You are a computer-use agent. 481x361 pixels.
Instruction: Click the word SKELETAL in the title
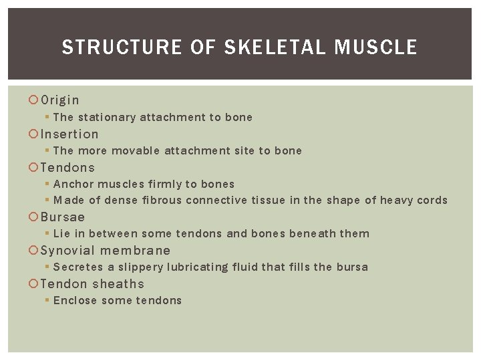(x=276, y=47)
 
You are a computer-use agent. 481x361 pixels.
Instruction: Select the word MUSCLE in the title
(x=375, y=47)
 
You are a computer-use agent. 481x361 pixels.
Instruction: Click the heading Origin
(x=60, y=100)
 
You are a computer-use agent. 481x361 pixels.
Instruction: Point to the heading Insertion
(x=69, y=134)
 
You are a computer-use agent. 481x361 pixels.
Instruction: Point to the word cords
(x=432, y=201)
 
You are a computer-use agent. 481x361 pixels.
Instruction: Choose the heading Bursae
(x=63, y=217)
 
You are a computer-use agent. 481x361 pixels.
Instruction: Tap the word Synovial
(x=68, y=251)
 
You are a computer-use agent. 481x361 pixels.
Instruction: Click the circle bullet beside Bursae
(x=34, y=217)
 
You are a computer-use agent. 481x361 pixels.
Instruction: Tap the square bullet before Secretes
(x=47, y=267)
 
